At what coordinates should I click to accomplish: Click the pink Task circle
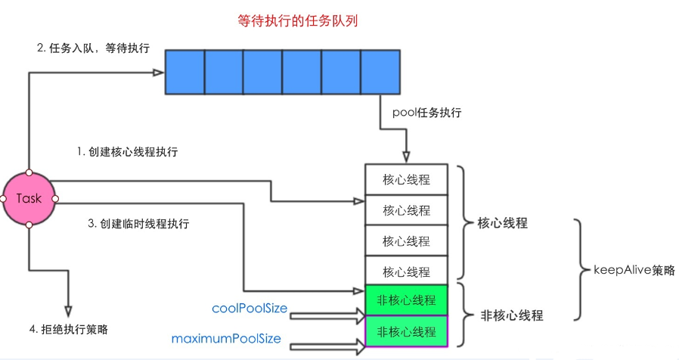pyautogui.click(x=29, y=198)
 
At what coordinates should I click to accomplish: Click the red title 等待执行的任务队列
pyautogui.click(x=297, y=22)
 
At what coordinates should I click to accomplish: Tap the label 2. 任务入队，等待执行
pyautogui.click(x=93, y=48)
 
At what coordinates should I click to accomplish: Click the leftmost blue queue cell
pyautogui.click(x=184, y=73)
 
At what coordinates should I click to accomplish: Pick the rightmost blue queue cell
pyautogui.click(x=380, y=73)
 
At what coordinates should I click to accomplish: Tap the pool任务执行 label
pyautogui.click(x=427, y=113)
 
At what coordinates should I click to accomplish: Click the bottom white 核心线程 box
pyautogui.click(x=406, y=271)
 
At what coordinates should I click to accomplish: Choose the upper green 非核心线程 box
pyautogui.click(x=406, y=300)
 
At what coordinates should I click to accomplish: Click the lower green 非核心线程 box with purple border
pyautogui.click(x=406, y=331)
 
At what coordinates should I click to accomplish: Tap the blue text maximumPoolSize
pyautogui.click(x=226, y=340)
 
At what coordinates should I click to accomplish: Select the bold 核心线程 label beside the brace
pyautogui.click(x=503, y=224)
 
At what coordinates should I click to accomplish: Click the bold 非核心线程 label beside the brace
pyautogui.click(x=512, y=315)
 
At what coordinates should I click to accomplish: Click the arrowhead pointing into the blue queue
pyautogui.click(x=159, y=73)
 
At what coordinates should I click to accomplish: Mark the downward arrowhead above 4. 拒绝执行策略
pyautogui.click(x=68, y=311)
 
